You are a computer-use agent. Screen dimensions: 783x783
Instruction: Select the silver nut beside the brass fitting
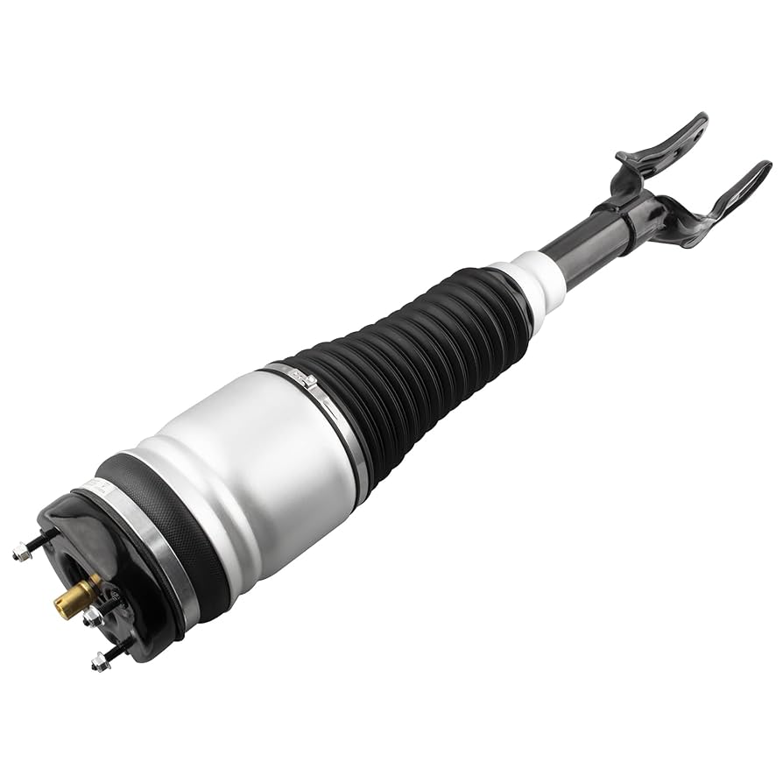tap(92, 618)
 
